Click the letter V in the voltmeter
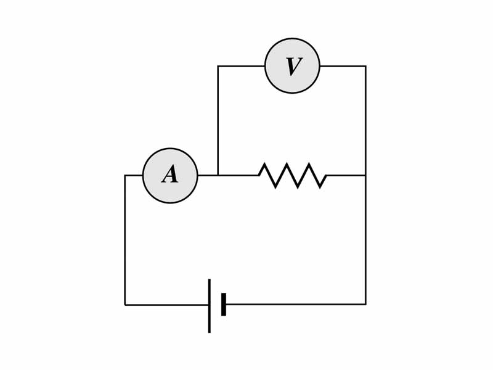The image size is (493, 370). (x=293, y=67)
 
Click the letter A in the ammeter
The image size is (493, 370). (x=170, y=175)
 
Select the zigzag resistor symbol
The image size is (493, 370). (x=292, y=176)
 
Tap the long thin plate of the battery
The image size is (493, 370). (x=210, y=306)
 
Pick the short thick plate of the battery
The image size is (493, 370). (x=224, y=305)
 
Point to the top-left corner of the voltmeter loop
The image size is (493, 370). (x=218, y=67)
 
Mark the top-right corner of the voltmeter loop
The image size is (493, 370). (x=365, y=67)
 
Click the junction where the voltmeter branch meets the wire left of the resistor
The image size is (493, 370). (x=218, y=176)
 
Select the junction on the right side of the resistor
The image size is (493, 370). (x=365, y=176)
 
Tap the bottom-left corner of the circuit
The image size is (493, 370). (x=125, y=305)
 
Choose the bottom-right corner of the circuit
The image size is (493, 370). (x=365, y=304)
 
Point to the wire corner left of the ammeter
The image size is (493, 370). (x=125, y=176)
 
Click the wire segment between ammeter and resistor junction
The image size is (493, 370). (x=208, y=176)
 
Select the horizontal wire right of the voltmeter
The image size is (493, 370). (x=343, y=67)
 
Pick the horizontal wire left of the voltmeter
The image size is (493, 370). (x=242, y=67)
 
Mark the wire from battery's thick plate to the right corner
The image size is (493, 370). (x=296, y=304)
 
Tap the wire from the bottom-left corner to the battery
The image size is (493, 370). (x=166, y=305)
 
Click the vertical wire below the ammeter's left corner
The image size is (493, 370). (x=125, y=240)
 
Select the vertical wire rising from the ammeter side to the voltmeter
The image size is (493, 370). (x=218, y=121)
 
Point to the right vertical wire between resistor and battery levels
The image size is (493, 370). (x=365, y=240)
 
